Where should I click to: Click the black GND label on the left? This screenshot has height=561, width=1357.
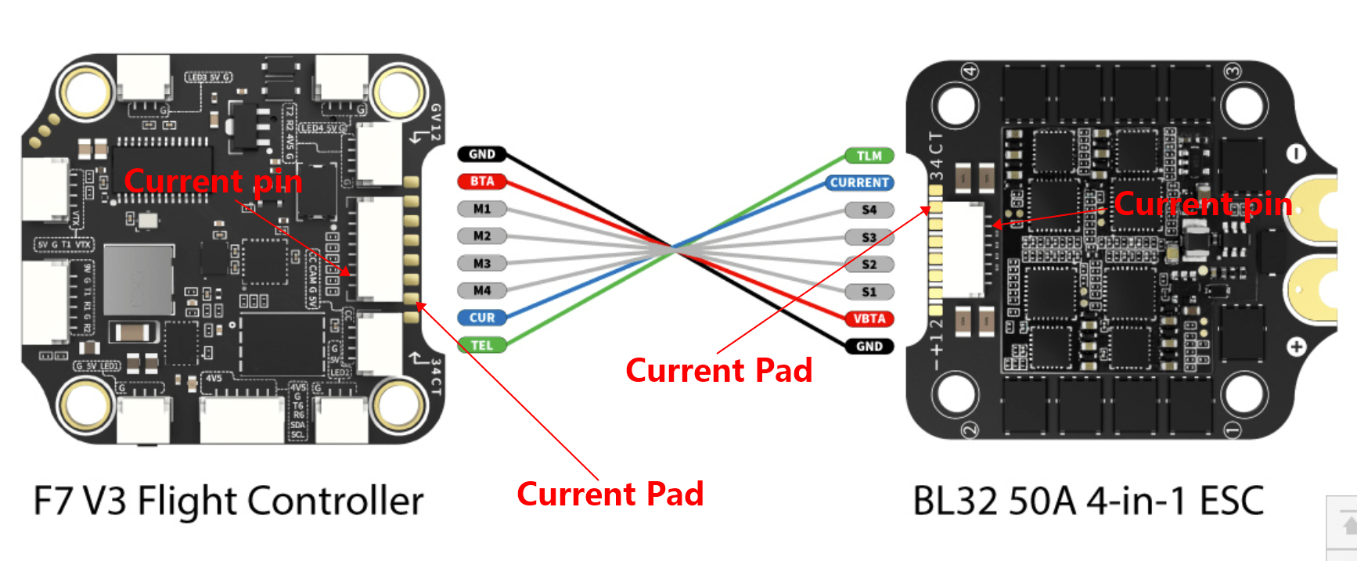(482, 154)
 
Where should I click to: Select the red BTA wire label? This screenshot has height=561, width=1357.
(482, 182)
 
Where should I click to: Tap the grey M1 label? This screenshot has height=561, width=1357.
(482, 209)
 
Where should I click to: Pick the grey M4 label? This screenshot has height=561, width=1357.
(482, 290)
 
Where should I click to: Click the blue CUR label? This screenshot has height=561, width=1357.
(482, 318)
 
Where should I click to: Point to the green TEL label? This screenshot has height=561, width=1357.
(482, 345)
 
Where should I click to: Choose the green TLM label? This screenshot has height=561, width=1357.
(869, 156)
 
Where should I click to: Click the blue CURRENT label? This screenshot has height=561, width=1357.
(859, 182)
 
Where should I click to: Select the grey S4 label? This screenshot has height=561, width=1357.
(869, 210)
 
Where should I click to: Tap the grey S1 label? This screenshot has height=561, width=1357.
(869, 292)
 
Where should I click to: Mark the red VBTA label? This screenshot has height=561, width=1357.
(869, 318)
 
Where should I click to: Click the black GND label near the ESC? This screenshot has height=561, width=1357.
(869, 346)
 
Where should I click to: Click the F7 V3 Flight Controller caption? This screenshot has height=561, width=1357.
(228, 501)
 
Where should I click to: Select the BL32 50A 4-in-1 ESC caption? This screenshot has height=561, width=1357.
(1089, 501)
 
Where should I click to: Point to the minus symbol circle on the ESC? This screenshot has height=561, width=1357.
(1296, 154)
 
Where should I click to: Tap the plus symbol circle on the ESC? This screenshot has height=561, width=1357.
(1296, 346)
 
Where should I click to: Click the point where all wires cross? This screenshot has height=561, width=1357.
(673, 247)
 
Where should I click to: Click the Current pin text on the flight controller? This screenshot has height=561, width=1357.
(213, 182)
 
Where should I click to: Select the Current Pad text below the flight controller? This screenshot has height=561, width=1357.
(610, 494)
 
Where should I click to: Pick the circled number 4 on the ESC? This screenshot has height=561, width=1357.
(970, 71)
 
